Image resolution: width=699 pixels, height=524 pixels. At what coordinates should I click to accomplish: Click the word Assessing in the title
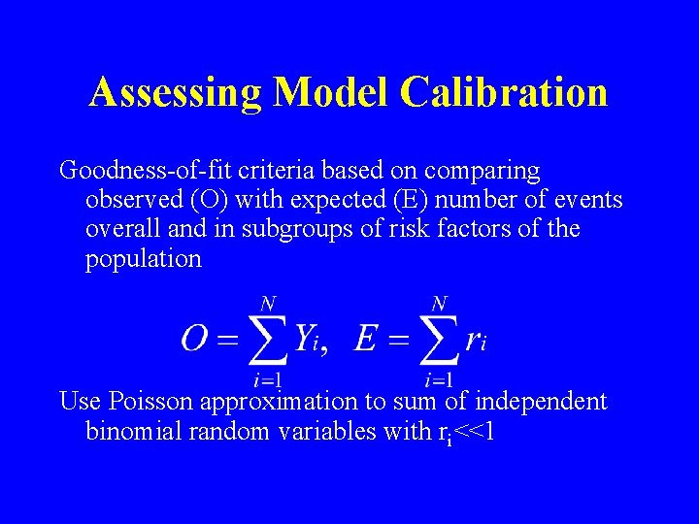pyautogui.click(x=176, y=93)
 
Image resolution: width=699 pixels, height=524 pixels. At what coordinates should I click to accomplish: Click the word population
pyautogui.click(x=144, y=259)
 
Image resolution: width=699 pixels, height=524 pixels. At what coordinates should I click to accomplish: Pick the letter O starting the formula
pyautogui.click(x=195, y=339)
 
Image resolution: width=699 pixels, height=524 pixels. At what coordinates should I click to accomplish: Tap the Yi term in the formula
pyautogui.click(x=310, y=340)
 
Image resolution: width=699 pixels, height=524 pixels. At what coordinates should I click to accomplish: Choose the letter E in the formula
pyautogui.click(x=366, y=339)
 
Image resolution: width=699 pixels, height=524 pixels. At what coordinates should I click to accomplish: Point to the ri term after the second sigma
pyautogui.click(x=476, y=340)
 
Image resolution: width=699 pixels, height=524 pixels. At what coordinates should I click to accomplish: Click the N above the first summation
pyautogui.click(x=265, y=304)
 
